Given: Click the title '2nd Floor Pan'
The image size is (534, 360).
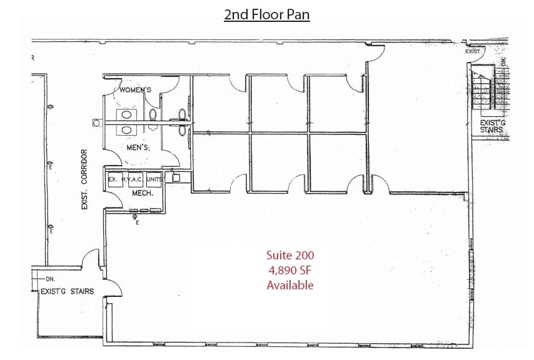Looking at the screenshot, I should pos(267,13).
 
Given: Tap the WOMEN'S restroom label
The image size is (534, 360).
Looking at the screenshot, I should pos(136,90).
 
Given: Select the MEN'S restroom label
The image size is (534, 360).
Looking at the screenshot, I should pos(136,147).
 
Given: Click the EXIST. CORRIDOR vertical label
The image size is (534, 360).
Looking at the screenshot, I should pos(84,179).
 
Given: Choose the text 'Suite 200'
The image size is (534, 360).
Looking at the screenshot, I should pos(290,255).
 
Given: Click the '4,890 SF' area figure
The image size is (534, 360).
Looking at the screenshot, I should pos(290,270).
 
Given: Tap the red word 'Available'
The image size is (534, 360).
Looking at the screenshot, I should pos(290,285).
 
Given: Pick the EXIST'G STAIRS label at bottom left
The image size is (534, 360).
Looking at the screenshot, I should pos(67,291).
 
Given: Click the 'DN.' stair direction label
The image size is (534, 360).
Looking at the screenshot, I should pos(51,279).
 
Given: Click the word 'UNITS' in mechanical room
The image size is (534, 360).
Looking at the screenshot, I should pos(155,179).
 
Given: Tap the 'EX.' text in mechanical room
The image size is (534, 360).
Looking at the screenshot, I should pos(113,179).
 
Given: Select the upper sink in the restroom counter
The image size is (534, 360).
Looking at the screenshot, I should pos(127,115).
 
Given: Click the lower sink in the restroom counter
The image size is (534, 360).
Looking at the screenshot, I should pos(127,130).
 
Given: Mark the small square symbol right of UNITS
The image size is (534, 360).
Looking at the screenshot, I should pos(177,177).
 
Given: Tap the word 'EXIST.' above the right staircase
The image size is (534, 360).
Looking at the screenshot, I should pos(473,51).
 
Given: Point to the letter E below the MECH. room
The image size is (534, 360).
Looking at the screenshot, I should pos(137,222).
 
